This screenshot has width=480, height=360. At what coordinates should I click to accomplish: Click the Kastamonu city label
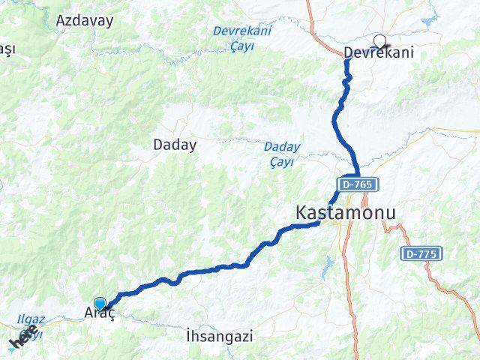(345, 214)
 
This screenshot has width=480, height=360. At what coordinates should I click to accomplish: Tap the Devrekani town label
(379, 53)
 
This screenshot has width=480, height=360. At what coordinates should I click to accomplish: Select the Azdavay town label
(84, 20)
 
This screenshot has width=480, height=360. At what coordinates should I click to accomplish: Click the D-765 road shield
(359, 184)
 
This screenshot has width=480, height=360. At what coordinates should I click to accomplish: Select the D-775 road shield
(420, 254)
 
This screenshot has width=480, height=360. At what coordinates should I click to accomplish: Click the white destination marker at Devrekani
(379, 42)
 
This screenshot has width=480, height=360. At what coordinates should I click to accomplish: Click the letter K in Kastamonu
(302, 214)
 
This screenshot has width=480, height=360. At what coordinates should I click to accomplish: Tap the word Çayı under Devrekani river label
(241, 46)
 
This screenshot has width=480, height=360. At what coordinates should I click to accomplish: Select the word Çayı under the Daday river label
(282, 160)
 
